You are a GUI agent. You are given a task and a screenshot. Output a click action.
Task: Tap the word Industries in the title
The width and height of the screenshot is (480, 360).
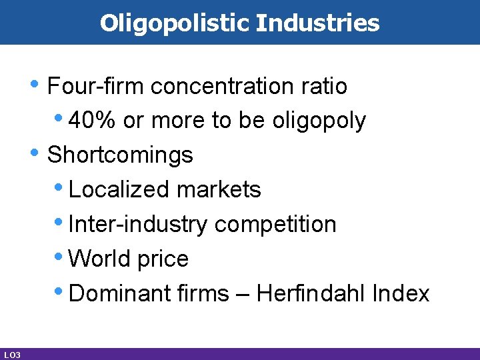(x=317, y=23)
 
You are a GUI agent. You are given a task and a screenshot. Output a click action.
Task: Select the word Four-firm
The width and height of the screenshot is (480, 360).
(x=97, y=86)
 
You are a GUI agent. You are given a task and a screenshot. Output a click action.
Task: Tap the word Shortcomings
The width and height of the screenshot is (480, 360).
(x=121, y=155)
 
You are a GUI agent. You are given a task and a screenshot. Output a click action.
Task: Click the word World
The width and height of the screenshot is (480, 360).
(x=99, y=259)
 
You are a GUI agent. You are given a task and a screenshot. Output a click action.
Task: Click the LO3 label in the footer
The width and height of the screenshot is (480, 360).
(x=11, y=354)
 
